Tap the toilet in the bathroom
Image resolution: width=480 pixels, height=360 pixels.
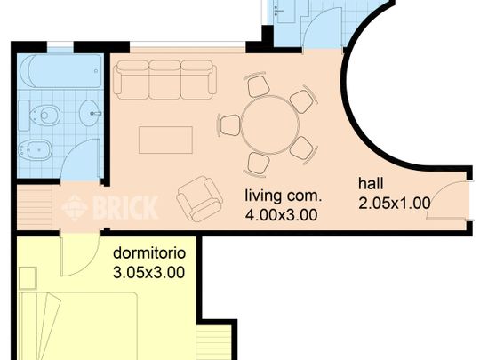pyautogui.click(x=48, y=114)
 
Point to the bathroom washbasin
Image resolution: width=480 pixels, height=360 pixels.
pyautogui.click(x=91, y=113)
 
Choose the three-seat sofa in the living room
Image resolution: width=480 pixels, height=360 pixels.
pyautogui.click(x=165, y=80)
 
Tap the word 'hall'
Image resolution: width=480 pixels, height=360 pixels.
pyautogui.click(x=371, y=184)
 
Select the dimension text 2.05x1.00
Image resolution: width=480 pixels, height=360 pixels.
pyautogui.click(x=394, y=203)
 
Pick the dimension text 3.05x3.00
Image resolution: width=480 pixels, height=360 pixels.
pyautogui.click(x=149, y=273)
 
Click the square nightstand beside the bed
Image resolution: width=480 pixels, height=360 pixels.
pyautogui.click(x=27, y=278)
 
